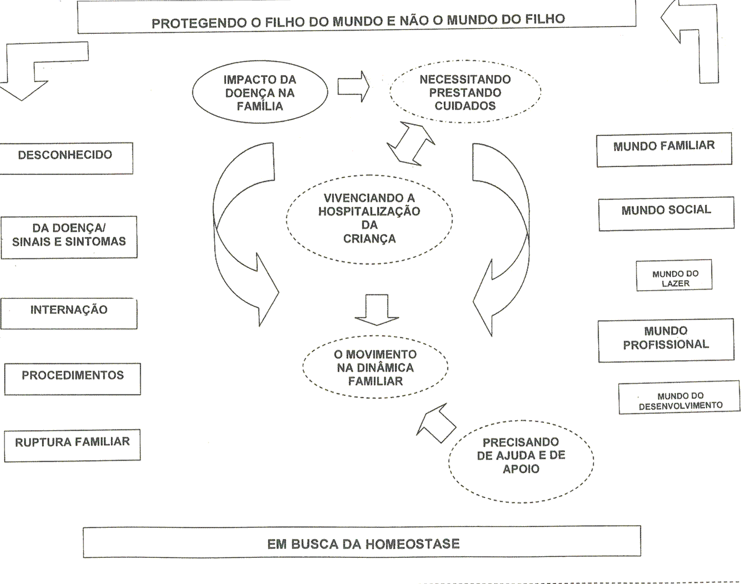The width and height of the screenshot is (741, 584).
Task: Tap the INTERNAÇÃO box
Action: [x=69, y=313]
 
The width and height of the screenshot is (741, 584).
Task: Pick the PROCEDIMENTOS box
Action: [x=72, y=378]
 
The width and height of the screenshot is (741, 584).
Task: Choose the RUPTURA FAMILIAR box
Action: [x=72, y=445]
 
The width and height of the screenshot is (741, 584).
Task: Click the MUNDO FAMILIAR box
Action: [x=664, y=149]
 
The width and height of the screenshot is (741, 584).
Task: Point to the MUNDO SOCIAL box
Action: [x=666, y=213]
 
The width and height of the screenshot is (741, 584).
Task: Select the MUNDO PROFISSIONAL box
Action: [x=665, y=341]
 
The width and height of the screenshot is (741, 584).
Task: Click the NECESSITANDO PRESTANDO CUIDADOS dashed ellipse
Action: [x=465, y=92]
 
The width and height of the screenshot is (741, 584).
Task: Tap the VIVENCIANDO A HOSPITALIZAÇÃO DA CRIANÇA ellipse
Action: [x=369, y=218]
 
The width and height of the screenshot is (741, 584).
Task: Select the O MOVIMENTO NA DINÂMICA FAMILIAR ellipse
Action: [x=375, y=367]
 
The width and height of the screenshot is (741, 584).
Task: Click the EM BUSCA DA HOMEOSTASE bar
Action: [x=362, y=542]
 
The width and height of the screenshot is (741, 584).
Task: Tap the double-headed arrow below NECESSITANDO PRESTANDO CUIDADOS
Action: [x=411, y=143]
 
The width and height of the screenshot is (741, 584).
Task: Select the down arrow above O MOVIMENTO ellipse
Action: [x=377, y=310]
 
